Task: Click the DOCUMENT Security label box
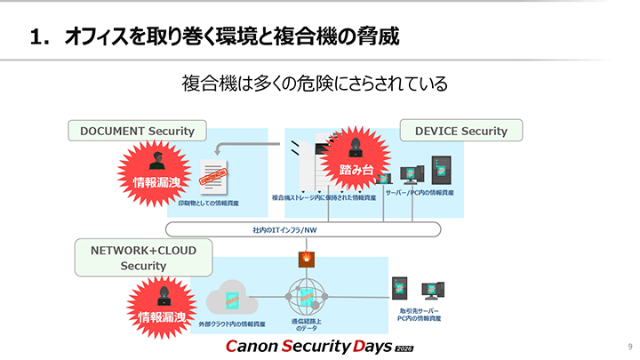pos(137,131)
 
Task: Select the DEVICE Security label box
pos(460,131)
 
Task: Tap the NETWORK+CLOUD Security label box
pos(143,258)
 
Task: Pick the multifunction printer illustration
pos(307,164)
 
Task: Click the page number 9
pos(629,346)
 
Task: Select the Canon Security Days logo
pos(319,346)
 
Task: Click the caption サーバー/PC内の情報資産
pos(420,193)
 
